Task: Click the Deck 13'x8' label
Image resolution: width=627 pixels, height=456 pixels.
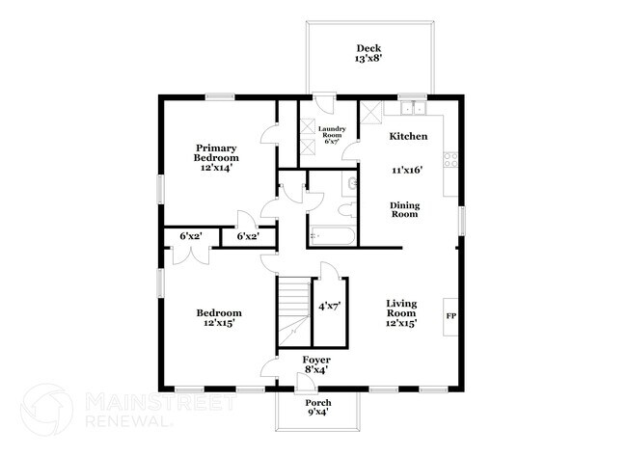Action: [368, 54]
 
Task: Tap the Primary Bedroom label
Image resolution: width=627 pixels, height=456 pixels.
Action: [216, 153]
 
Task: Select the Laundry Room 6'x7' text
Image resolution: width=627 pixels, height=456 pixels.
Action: [332, 135]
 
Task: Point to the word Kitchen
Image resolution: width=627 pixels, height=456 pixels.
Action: [408, 136]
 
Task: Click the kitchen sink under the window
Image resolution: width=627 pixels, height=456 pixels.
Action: [413, 108]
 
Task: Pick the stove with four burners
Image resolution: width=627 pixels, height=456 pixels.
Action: [450, 160]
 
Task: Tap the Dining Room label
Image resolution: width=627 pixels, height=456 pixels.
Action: [405, 210]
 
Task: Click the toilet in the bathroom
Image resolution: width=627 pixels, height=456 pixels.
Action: [346, 209]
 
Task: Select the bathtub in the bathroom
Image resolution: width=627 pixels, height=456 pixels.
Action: [332, 236]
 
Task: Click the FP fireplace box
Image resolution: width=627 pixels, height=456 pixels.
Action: [450, 316]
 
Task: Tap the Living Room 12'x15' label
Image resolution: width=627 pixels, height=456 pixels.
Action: [401, 313]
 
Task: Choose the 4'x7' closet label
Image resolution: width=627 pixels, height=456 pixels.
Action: [330, 307]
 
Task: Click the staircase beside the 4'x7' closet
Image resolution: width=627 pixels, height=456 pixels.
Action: [294, 313]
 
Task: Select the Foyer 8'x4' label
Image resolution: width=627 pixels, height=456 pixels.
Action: [316, 364]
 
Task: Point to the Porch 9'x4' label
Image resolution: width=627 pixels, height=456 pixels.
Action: [318, 407]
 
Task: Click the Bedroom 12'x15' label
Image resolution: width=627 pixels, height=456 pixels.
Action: [219, 318]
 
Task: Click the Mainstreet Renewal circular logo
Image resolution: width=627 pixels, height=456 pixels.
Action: [47, 410]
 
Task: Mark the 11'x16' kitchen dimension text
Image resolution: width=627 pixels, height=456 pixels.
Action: [407, 170]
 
